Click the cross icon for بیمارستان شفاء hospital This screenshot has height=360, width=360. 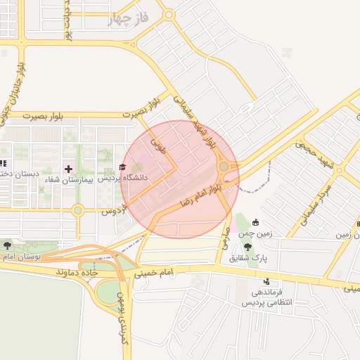click(68, 169)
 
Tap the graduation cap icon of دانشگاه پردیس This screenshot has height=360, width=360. click(124, 167)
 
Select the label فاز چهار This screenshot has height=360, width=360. click(129, 19)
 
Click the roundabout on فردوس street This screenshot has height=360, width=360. click(78, 210)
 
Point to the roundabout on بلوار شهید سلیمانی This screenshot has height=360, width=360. click(224, 167)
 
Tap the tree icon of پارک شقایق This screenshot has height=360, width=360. click(247, 246)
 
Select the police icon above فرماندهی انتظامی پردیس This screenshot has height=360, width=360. click(266, 281)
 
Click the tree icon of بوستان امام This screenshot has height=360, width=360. click(8, 246)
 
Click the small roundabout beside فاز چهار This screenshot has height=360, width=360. click(168, 14)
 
